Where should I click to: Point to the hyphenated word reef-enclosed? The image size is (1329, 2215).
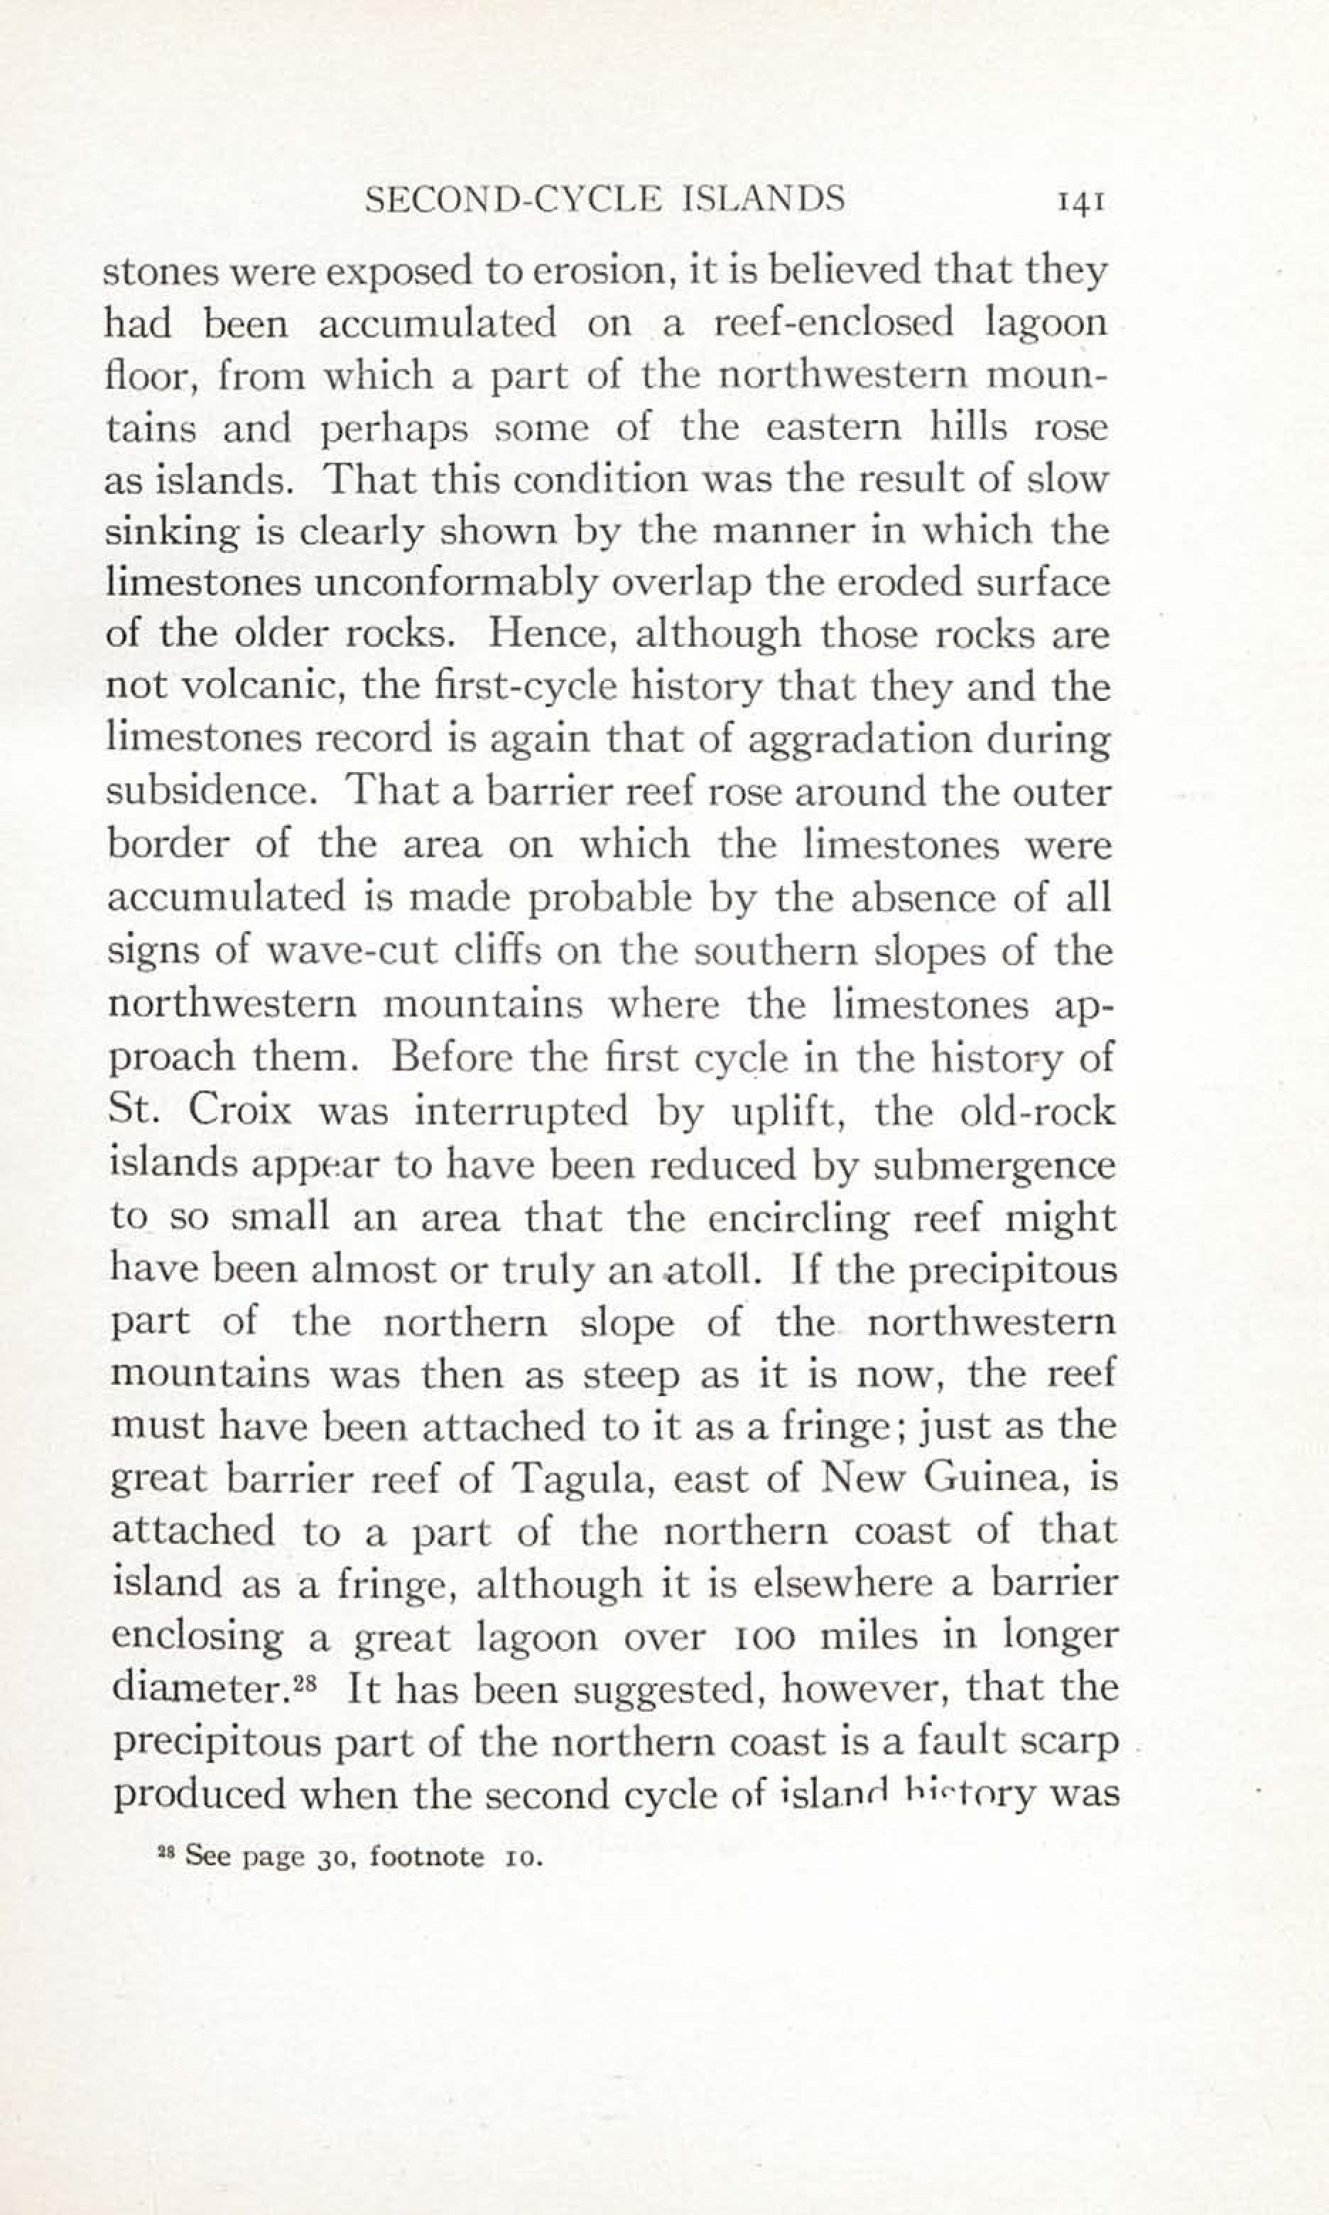pyautogui.click(x=833, y=323)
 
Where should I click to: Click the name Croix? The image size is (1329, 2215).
pyautogui.click(x=240, y=1111)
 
